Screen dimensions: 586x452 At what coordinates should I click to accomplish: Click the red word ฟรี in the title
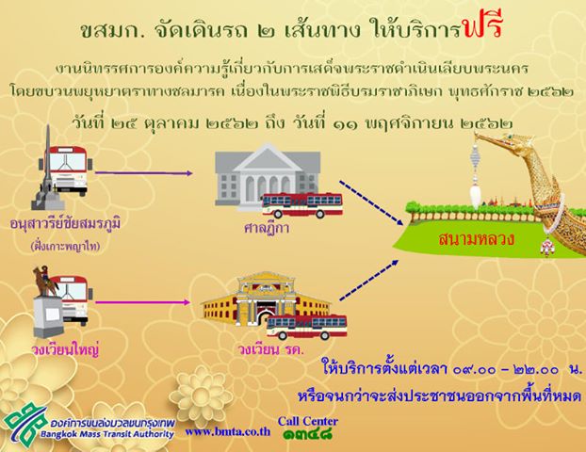pyautogui.click(x=482, y=25)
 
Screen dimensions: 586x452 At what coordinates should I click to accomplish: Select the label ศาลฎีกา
pyautogui.click(x=267, y=228)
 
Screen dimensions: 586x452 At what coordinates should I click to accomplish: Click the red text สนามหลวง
pyautogui.click(x=477, y=239)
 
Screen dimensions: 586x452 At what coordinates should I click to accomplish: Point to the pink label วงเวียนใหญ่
pyautogui.click(x=65, y=350)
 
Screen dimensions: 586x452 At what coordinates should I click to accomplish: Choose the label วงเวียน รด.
pyautogui.click(x=271, y=350)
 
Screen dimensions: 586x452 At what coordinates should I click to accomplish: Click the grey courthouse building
pyautogui.click(x=268, y=175)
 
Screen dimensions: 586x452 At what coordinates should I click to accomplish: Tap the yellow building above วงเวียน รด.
pyautogui.click(x=266, y=299)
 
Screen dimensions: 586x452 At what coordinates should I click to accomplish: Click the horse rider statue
pyautogui.click(x=45, y=281)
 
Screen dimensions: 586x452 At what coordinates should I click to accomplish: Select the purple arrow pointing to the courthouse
pyautogui.click(x=144, y=173)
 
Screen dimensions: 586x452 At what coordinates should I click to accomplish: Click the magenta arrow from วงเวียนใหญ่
pyautogui.click(x=143, y=302)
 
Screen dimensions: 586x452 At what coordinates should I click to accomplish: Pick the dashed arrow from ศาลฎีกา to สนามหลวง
pyautogui.click(x=371, y=202)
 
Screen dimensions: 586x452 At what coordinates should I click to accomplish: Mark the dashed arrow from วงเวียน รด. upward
pyautogui.click(x=369, y=281)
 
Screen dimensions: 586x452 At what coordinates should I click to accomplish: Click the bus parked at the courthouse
pyautogui.click(x=302, y=205)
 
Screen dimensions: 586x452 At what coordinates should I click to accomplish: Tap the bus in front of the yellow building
pyautogui.click(x=306, y=327)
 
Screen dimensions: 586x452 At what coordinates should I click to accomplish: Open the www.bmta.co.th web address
pyautogui.click(x=228, y=431)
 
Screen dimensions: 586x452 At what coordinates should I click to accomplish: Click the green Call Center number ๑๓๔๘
pyautogui.click(x=307, y=434)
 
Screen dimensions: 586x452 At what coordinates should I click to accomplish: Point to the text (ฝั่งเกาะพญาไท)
pyautogui.click(x=66, y=247)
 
